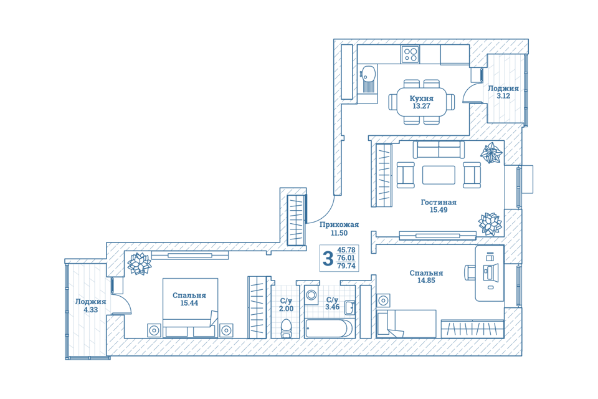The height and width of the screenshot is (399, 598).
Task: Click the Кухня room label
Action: coord(422,98)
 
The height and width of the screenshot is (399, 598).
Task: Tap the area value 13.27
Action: coord(422,106)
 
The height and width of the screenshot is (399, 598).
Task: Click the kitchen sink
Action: coord(368,79)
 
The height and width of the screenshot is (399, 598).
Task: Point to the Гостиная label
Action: coord(439,202)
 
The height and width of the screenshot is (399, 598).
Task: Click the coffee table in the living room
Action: coord(439,175)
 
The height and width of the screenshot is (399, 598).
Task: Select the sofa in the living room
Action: coord(439,149)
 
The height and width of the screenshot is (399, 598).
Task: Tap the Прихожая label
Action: coord(339,224)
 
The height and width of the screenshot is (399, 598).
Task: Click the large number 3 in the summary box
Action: coord(328,259)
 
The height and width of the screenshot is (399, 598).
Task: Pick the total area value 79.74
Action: coord(346,266)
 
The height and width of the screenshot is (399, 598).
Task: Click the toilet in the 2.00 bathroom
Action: coord(286,328)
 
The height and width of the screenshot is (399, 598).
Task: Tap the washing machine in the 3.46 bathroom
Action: coord(311,295)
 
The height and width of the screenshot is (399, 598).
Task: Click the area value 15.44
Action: coord(189,303)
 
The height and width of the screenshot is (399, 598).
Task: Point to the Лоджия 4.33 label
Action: coord(90,305)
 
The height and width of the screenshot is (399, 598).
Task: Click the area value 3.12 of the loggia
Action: coord(503,96)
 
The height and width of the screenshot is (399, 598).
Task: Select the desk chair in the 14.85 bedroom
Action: coord(470,272)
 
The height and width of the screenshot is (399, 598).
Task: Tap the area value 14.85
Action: coord(426,281)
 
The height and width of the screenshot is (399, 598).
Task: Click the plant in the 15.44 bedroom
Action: coord(139,263)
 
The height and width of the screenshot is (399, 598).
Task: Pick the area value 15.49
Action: coord(439,209)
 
